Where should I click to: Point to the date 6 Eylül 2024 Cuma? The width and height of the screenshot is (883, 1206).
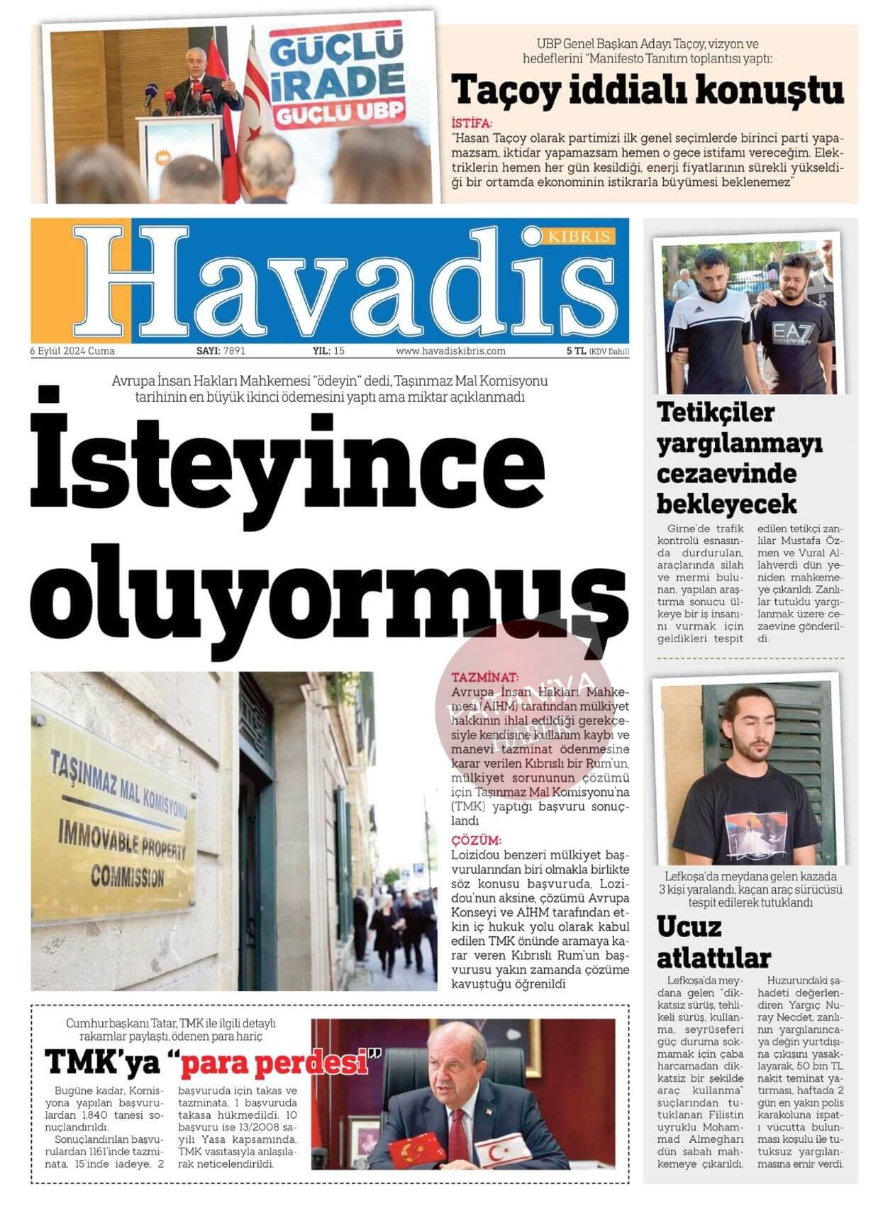click(x=72, y=351)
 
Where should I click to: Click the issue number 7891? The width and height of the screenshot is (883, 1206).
click(x=234, y=351)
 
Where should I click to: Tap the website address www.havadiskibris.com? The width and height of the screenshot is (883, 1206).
click(x=450, y=351)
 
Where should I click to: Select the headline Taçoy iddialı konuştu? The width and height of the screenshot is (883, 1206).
click(x=648, y=90)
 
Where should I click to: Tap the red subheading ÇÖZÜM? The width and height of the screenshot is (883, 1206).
click(x=476, y=841)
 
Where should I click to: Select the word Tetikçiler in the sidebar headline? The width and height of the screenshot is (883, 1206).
click(x=716, y=412)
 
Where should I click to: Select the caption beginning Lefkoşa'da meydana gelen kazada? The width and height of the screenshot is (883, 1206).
click(x=750, y=889)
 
